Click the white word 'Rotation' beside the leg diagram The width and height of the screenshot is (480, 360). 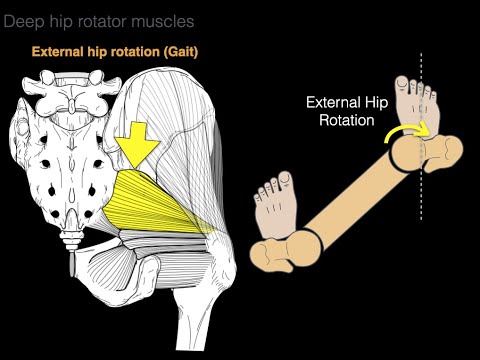[x=342, y=119]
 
